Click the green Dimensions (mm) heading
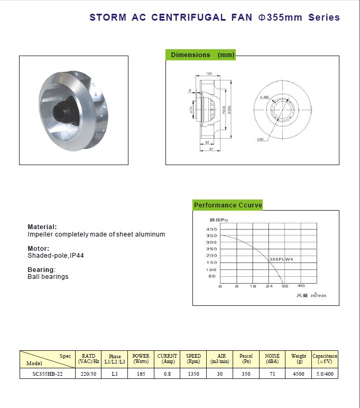coord(200,55)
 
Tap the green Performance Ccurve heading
coord(228,205)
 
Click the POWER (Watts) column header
coord(141,359)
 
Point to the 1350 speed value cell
coord(193,374)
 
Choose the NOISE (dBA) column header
coord(272,359)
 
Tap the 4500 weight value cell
coord(299,374)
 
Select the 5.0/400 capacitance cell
coord(325,374)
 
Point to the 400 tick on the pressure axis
coord(211,229)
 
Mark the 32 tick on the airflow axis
coord(284,286)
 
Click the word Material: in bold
coord(42,227)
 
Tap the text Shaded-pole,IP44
coord(56,256)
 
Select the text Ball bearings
coord(48,277)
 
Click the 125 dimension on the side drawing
coord(209,74)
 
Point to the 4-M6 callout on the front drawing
coord(264,97)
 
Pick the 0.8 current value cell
coord(167,374)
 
